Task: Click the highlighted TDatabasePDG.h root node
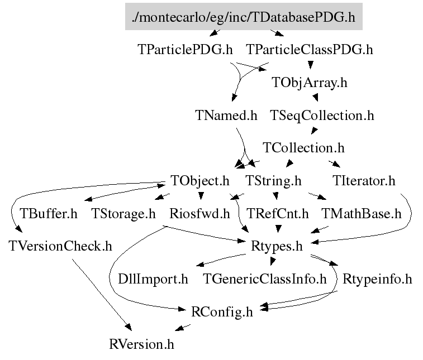coord(244,17)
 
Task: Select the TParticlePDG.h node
coord(184,50)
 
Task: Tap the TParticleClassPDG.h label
coord(309,50)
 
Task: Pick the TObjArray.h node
coord(310,83)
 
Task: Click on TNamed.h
coord(226,116)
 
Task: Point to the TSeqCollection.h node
coord(322,116)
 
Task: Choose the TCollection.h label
coord(303,148)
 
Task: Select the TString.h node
coord(274,181)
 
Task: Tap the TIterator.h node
coord(363,181)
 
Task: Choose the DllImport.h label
coord(153,279)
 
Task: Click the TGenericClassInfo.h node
coord(264,279)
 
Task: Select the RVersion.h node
coord(141,344)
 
